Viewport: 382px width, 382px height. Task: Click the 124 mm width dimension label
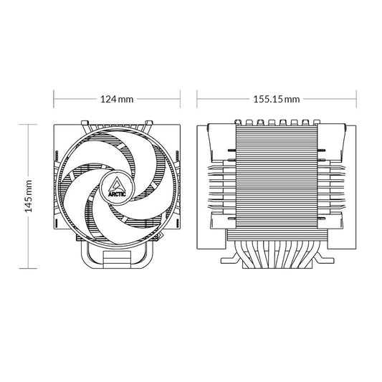point(115,97)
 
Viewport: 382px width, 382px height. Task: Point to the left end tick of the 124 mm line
point(55,97)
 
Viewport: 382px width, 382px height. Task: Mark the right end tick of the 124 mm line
point(178,97)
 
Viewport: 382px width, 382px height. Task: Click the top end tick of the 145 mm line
point(28,122)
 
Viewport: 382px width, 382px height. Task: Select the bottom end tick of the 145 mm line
point(28,267)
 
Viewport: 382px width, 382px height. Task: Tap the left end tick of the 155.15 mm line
point(198,97)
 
